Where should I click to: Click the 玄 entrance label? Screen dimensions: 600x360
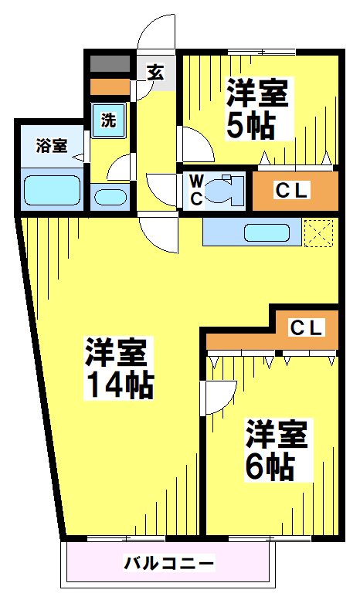click(x=155, y=73)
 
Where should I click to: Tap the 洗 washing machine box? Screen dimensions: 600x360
click(x=109, y=120)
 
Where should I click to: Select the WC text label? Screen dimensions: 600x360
click(x=196, y=190)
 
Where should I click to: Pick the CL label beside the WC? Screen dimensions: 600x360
click(x=294, y=190)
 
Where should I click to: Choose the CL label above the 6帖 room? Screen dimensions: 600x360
click(x=306, y=327)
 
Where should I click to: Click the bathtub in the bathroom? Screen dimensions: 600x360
click(x=52, y=189)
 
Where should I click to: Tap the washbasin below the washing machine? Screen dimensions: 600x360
click(x=110, y=196)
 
